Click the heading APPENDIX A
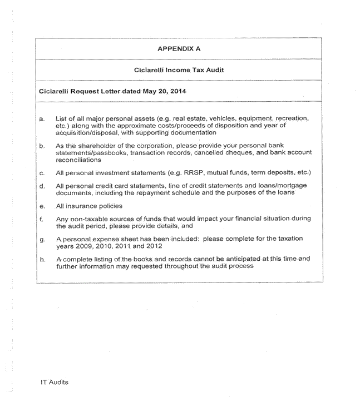point(179,48)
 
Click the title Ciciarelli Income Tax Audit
point(179,71)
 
